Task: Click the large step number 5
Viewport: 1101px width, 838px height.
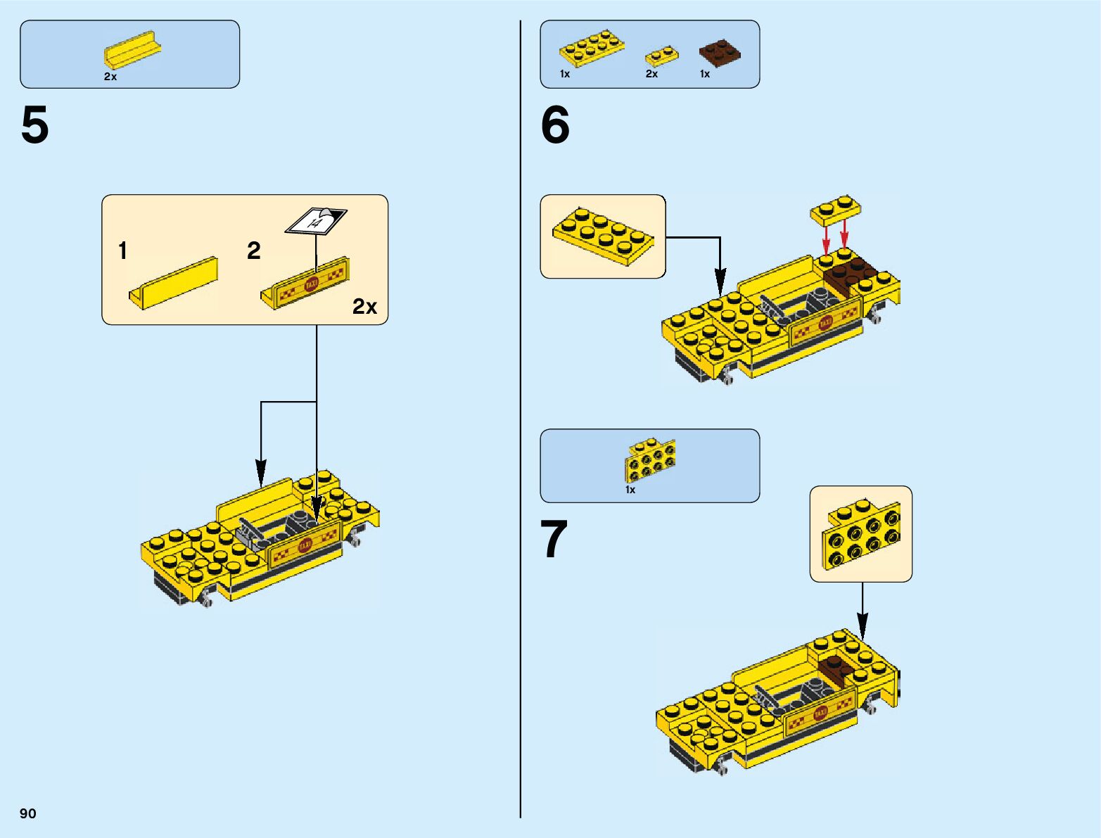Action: pos(35,125)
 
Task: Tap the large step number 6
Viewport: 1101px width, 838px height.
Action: pos(555,125)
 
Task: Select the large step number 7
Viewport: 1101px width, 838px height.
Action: pos(554,540)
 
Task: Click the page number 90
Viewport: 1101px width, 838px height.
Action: pos(28,813)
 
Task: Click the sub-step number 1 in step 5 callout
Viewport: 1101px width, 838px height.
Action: pos(123,250)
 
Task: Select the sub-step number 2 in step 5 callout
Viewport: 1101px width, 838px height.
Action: pos(254,250)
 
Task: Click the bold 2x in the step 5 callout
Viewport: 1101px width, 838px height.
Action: pos(364,307)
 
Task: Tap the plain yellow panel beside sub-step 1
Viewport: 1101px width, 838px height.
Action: pos(174,282)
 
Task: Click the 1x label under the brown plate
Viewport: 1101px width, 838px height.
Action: pos(705,74)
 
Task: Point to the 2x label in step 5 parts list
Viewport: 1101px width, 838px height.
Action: pos(110,77)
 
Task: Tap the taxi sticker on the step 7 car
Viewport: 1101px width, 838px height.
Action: pos(820,713)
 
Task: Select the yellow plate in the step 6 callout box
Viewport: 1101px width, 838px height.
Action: pos(603,236)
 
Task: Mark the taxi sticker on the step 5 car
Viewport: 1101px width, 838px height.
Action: pos(305,544)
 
